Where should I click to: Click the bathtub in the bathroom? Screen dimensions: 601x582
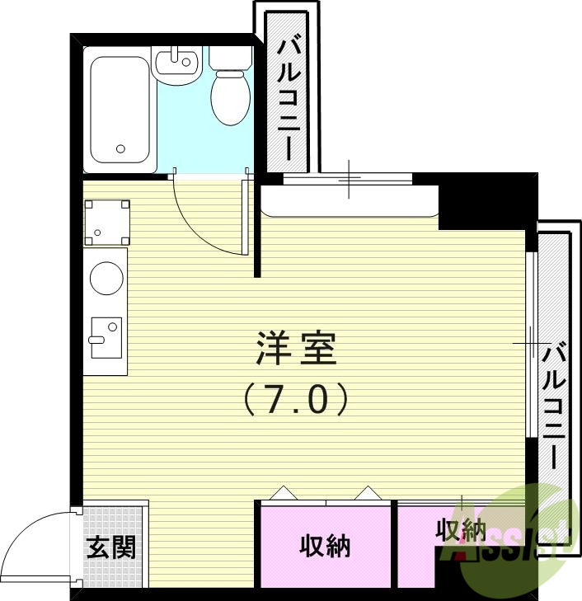pyautogui.click(x=120, y=109)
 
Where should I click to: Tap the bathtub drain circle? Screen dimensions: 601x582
pyautogui.click(x=121, y=149)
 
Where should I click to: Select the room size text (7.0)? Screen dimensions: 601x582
pyautogui.click(x=296, y=400)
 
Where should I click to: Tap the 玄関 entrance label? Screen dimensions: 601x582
pyautogui.click(x=111, y=547)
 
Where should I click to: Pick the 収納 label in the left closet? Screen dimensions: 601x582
pyautogui.click(x=325, y=546)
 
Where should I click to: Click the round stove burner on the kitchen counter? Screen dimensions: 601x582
pyautogui.click(x=106, y=278)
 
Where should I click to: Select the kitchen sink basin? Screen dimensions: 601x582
pyautogui.click(x=106, y=337)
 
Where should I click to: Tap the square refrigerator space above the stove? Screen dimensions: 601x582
pyautogui.click(x=106, y=222)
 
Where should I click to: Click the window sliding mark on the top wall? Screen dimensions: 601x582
pyautogui.click(x=350, y=179)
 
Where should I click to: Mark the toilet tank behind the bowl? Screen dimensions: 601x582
pyautogui.click(x=230, y=58)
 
